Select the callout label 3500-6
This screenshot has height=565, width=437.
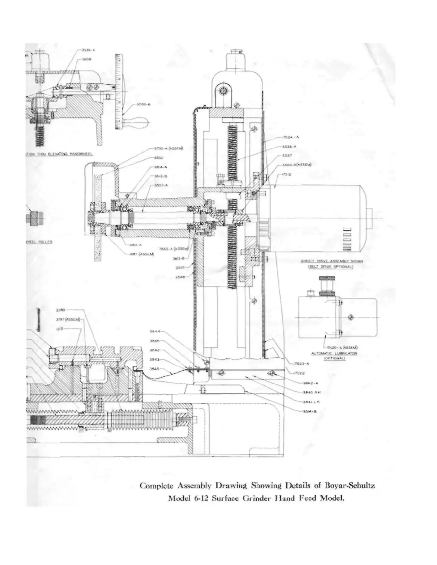[144, 105]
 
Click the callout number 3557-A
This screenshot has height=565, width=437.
[161, 185]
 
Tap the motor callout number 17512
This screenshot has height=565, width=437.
[287, 174]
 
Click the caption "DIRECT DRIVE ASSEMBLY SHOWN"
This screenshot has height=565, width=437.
[331, 261]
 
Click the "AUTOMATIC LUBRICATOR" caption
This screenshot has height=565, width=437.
[334, 353]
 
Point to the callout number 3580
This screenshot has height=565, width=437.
[60, 310]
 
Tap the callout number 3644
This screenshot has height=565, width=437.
[154, 331]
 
